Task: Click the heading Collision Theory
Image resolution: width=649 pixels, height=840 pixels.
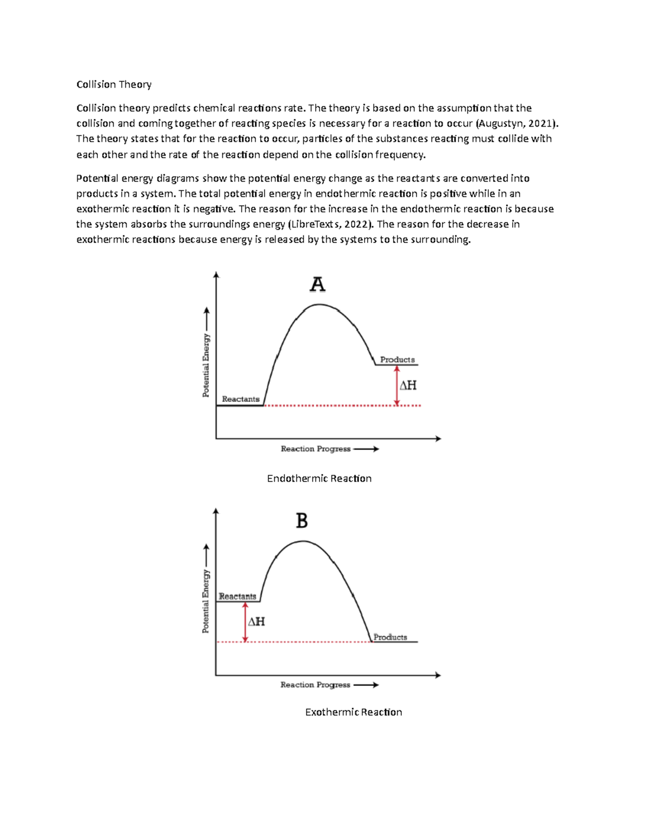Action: click(x=114, y=84)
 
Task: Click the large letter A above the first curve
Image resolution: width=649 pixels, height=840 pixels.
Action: click(x=317, y=285)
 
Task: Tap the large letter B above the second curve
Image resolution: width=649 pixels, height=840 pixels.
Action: click(x=302, y=521)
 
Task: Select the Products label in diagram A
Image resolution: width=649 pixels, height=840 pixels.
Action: click(x=397, y=360)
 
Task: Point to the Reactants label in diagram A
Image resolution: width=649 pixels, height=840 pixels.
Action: click(x=241, y=399)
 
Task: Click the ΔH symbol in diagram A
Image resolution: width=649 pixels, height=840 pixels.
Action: click(x=408, y=385)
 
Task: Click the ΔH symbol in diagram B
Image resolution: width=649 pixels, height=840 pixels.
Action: click(x=256, y=621)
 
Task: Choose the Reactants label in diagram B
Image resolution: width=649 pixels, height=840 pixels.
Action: click(x=237, y=596)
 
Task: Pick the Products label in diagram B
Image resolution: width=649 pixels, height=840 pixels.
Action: click(x=390, y=637)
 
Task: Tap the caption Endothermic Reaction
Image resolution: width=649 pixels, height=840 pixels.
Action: click(x=319, y=479)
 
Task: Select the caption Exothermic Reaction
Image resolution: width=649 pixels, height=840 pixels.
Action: click(x=353, y=712)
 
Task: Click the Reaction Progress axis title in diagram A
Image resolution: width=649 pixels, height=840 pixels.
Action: click(x=316, y=449)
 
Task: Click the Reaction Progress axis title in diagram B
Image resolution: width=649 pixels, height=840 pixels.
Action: click(x=315, y=685)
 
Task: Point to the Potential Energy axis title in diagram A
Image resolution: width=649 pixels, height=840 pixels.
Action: click(x=206, y=365)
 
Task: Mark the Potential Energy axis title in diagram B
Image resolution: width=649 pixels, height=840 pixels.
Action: click(x=206, y=601)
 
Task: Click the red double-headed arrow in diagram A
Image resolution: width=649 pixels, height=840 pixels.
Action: click(x=397, y=385)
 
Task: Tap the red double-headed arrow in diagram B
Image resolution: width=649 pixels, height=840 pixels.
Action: click(x=245, y=622)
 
